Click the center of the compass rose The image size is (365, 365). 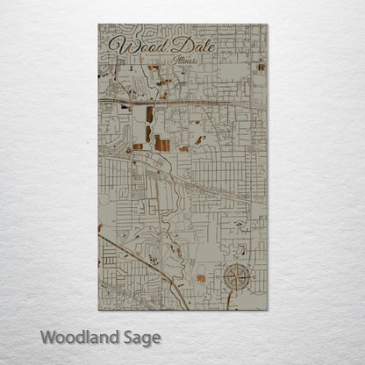point(237,278)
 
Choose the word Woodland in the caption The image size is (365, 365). point(78,337)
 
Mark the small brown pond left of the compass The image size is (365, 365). point(201,278)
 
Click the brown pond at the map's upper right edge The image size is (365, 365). point(261,67)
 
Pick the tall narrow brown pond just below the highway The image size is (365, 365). point(149,114)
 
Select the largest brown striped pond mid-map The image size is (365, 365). point(163,142)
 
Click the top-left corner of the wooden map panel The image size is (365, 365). point(99,25)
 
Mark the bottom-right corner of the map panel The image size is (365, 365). point(267,310)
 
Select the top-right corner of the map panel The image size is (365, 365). point(267,25)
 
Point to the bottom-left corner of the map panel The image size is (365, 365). point(99,310)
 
